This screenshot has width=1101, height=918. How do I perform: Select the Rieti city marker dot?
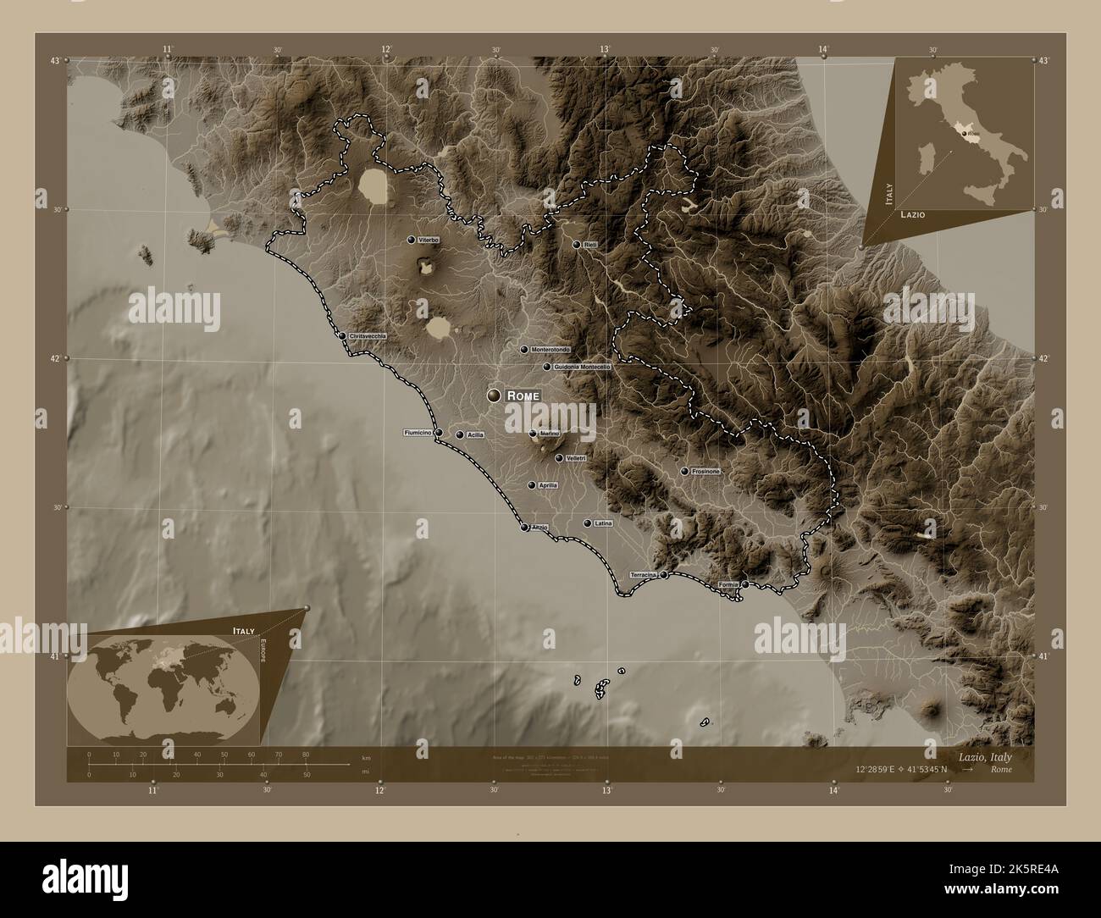(x=577, y=245)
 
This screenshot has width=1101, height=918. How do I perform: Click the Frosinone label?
(x=705, y=471)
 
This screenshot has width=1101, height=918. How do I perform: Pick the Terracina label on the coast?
(x=644, y=575)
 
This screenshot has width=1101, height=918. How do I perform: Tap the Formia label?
(x=728, y=585)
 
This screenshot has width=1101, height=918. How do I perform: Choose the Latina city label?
(x=603, y=523)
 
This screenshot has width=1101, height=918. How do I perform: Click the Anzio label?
(x=540, y=528)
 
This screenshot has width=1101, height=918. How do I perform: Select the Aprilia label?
(x=548, y=485)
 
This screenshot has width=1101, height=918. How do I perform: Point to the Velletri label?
(x=576, y=458)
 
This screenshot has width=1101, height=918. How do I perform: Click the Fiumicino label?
(x=418, y=433)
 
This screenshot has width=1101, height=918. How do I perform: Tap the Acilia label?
(x=475, y=435)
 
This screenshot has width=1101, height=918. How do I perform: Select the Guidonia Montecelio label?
(x=582, y=368)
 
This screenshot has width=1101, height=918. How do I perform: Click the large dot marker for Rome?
(x=494, y=395)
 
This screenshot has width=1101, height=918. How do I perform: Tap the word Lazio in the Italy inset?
(x=913, y=215)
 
